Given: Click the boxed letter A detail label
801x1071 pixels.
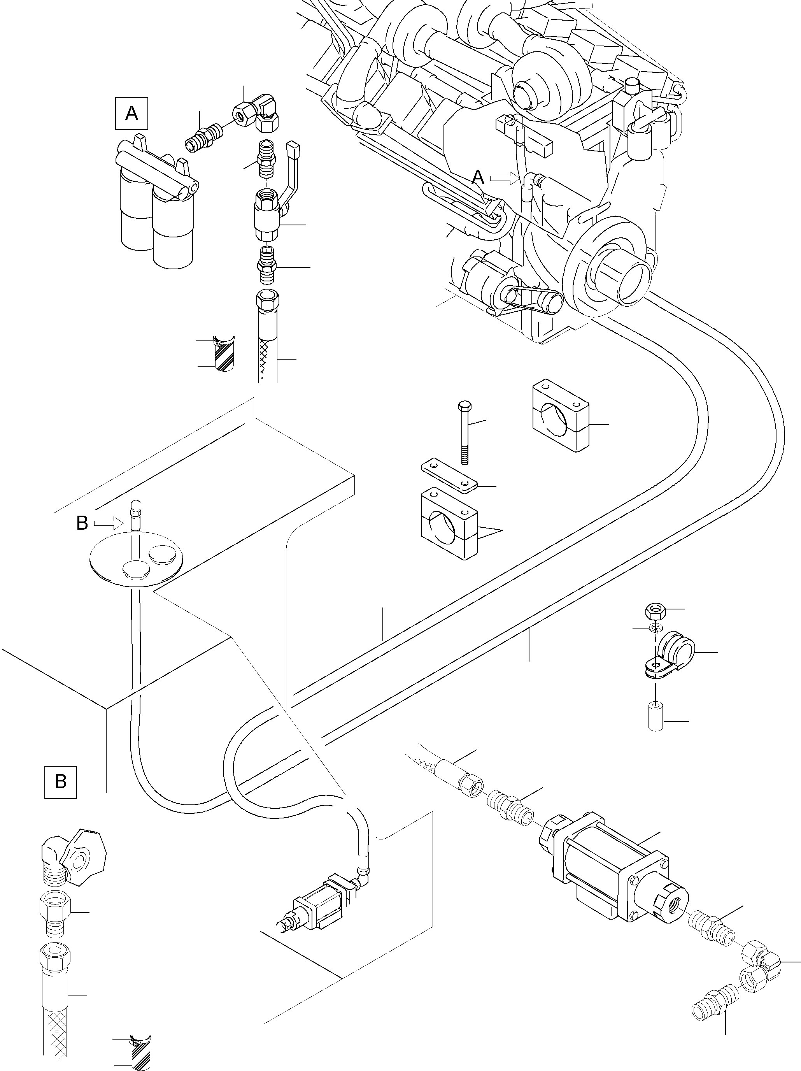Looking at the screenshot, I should pyautogui.click(x=131, y=114).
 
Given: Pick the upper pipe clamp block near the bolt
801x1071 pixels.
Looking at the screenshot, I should pyautogui.click(x=561, y=415).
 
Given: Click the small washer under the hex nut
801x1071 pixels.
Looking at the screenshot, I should pyautogui.click(x=656, y=628).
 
